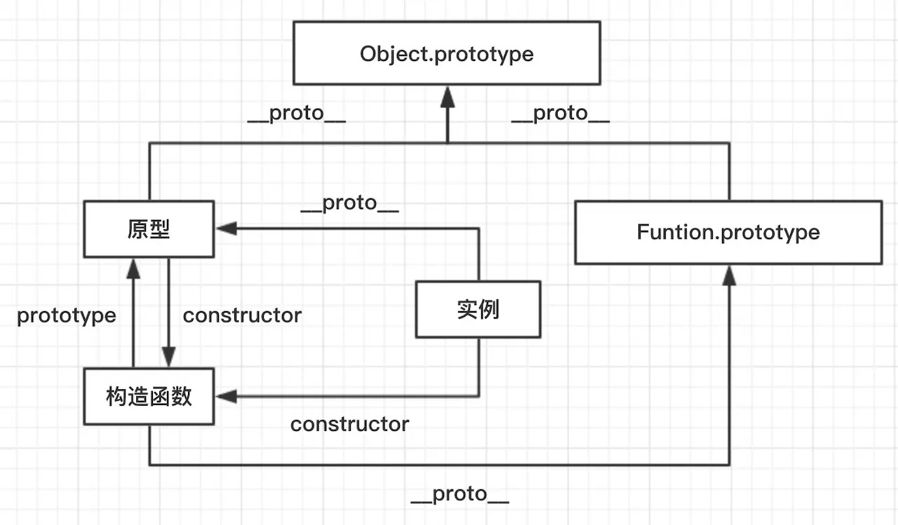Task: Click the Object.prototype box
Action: (446, 53)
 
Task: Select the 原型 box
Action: (149, 229)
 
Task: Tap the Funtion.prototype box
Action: (728, 233)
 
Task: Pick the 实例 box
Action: (478, 309)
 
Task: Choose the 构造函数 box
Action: (149, 397)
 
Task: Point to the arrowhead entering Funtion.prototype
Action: (729, 275)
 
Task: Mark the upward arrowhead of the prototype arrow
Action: (133, 267)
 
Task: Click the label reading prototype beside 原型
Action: (67, 315)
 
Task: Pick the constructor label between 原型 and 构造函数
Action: (242, 315)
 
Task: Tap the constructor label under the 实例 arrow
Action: (349, 424)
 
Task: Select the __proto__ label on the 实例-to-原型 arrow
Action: (349, 203)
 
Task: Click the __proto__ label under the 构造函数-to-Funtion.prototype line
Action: (460, 494)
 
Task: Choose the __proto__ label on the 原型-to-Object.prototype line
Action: (296, 114)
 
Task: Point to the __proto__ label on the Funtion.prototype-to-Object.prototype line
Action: (560, 114)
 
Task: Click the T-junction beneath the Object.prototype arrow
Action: (447, 143)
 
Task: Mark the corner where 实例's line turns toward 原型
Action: (478, 229)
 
